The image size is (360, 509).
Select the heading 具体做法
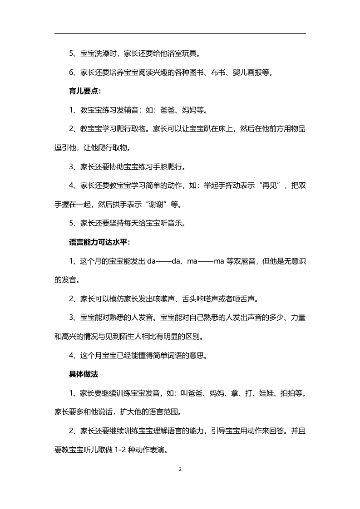[84, 374]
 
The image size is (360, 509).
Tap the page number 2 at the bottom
[180, 469]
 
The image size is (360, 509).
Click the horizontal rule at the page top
[180, 33]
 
